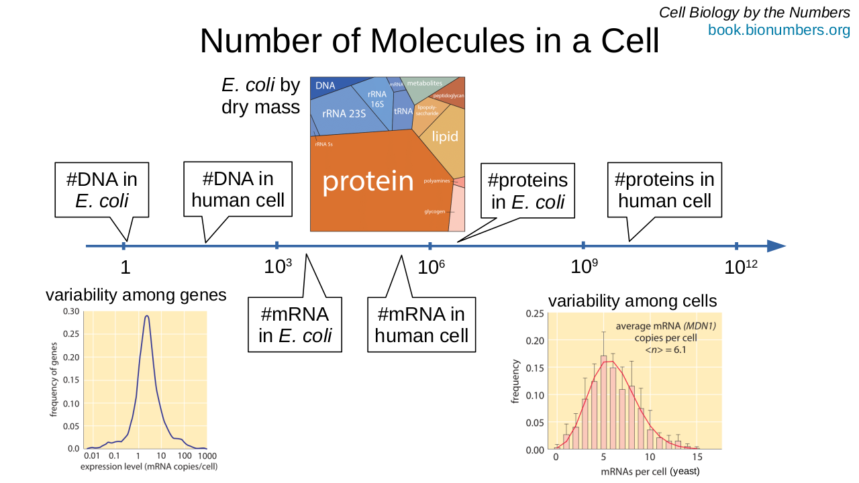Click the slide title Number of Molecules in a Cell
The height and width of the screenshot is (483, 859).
[x=429, y=42]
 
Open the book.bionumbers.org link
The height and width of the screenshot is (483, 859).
[x=778, y=30]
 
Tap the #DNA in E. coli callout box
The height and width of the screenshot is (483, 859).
[x=101, y=190]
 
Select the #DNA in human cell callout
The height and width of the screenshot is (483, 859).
[x=238, y=189]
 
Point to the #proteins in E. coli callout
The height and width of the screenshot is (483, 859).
[x=527, y=191]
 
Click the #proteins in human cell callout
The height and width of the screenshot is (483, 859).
[x=664, y=190]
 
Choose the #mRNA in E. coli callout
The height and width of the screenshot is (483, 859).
[x=295, y=325]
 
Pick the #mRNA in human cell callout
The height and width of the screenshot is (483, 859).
[x=421, y=325]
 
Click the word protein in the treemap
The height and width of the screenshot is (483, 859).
[x=368, y=181]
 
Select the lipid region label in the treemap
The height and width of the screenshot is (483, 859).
[x=444, y=137]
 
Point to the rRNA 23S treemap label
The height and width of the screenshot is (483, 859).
[x=344, y=114]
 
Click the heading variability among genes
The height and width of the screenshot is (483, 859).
[x=136, y=294]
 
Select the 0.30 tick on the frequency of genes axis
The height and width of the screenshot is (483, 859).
[x=70, y=311]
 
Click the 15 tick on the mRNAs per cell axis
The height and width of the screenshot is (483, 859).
[x=696, y=457]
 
